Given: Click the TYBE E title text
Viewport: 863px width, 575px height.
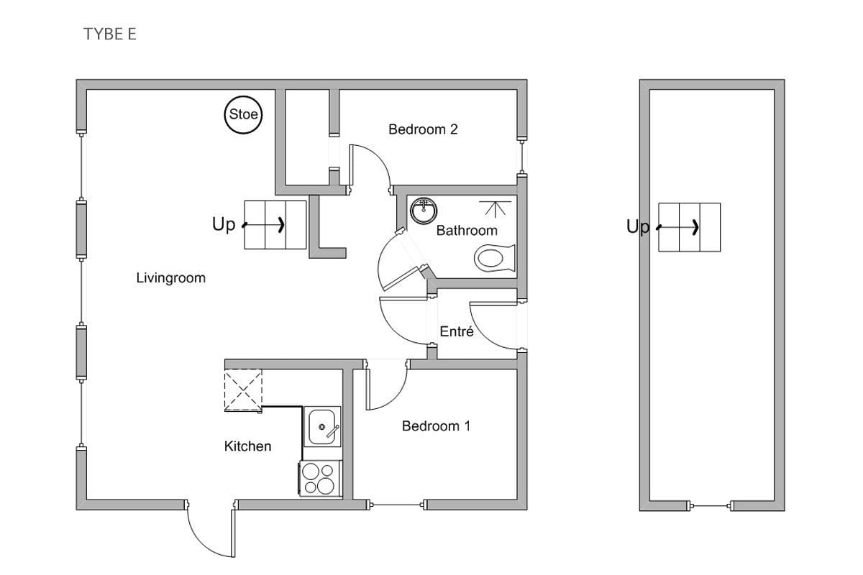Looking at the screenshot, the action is (110, 34).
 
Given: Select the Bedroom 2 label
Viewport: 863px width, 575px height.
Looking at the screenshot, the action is (423, 129).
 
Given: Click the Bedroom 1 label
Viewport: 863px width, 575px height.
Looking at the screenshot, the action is (436, 426).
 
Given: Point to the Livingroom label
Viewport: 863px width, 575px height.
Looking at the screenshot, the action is (170, 278).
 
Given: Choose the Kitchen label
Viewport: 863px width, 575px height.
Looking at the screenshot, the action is (247, 446).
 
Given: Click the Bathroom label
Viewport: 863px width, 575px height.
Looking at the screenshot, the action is (467, 231).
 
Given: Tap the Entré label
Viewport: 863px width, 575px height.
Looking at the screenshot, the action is (457, 331).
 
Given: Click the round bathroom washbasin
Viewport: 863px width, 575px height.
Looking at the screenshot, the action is (424, 211).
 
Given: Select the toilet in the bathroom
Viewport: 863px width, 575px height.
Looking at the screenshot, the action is (494, 258).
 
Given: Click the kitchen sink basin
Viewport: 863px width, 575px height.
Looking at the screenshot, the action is (322, 427).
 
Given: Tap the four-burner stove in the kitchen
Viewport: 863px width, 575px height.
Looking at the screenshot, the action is (321, 479).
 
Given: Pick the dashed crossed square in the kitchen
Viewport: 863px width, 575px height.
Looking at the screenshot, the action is (243, 390).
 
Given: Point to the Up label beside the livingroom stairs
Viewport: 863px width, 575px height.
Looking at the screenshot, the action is (224, 224).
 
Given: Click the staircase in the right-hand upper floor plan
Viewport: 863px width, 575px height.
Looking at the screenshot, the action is (689, 227).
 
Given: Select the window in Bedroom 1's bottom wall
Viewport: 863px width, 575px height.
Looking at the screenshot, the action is (397, 505).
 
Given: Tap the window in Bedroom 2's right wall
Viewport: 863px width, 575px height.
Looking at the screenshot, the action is (522, 157).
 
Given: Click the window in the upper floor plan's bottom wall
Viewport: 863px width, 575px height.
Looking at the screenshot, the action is (711, 506).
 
